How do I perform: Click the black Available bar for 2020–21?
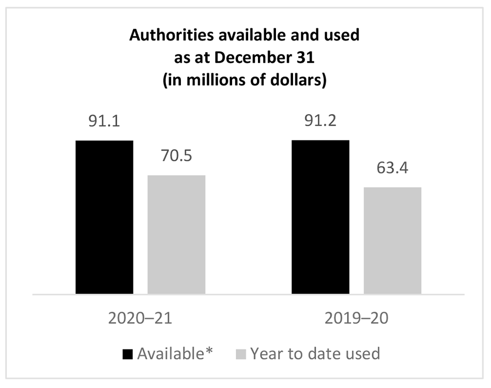tap(104, 217)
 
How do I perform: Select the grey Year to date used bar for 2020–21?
tap(176, 235)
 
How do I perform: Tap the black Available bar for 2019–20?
tap(320, 217)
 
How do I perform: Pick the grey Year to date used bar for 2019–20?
tap(392, 241)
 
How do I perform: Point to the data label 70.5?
tap(176, 156)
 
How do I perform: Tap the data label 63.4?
tap(392, 169)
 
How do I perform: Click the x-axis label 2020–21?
tap(140, 318)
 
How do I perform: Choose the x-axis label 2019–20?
tap(357, 318)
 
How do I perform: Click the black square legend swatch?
tap(128, 354)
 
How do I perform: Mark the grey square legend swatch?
tap(241, 354)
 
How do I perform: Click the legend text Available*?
tap(175, 354)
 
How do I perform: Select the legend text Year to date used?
tap(315, 354)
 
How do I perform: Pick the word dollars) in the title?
tap(300, 82)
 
